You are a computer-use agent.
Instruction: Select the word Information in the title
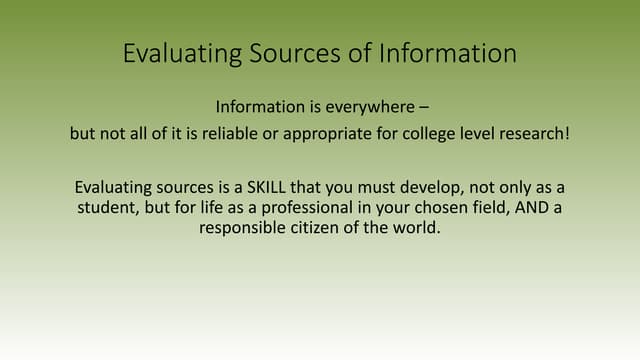coord(448,53)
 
